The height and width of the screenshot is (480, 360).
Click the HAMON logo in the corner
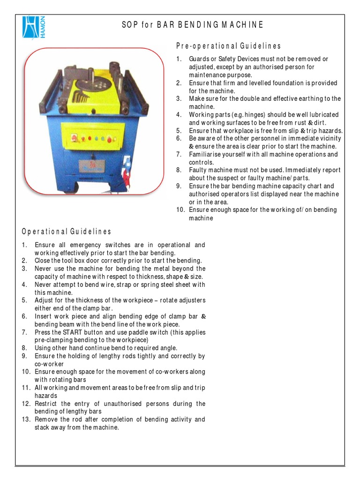[x=31, y=29]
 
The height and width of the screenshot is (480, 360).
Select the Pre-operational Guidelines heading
[x=228, y=46]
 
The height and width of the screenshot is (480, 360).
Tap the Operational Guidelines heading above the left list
[x=66, y=232]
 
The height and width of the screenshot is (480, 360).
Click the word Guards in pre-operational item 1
[x=199, y=59]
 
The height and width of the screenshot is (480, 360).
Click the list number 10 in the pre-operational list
[x=180, y=210]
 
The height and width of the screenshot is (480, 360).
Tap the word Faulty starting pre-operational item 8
[x=198, y=170]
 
